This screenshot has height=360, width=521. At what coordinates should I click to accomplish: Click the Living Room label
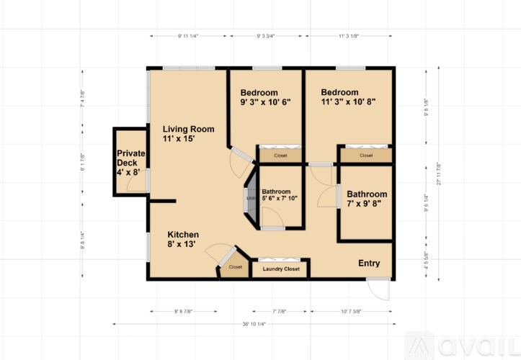(188, 133)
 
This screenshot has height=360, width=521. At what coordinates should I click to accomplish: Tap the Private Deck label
(131, 163)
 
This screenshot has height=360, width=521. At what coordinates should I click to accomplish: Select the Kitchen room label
(183, 239)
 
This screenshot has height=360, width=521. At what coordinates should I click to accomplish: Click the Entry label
(369, 264)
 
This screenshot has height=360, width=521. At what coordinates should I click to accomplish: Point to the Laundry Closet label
(280, 269)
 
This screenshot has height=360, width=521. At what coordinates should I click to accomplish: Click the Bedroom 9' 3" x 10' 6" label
(264, 97)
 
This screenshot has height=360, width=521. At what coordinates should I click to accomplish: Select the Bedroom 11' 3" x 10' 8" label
(349, 97)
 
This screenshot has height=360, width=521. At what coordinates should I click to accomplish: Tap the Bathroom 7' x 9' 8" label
(367, 199)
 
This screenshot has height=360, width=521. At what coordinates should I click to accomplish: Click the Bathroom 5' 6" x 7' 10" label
(280, 195)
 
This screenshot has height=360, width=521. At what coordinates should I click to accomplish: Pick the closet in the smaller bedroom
(280, 156)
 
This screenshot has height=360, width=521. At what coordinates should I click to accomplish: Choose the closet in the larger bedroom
(366, 156)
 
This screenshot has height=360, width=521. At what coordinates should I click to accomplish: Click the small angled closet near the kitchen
(235, 267)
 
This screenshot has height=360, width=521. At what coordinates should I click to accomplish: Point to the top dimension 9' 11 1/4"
(188, 35)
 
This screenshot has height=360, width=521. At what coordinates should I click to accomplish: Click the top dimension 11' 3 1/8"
(350, 35)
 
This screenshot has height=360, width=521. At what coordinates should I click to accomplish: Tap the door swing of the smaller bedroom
(238, 164)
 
